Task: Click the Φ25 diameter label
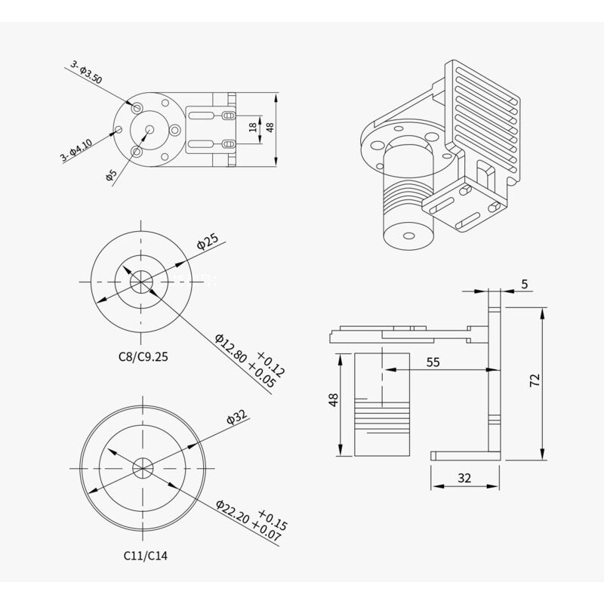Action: tap(208, 242)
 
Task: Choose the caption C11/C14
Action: tap(146, 555)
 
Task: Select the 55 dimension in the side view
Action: tap(433, 362)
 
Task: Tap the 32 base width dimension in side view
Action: tap(464, 478)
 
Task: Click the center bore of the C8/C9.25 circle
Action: tap(141, 282)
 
